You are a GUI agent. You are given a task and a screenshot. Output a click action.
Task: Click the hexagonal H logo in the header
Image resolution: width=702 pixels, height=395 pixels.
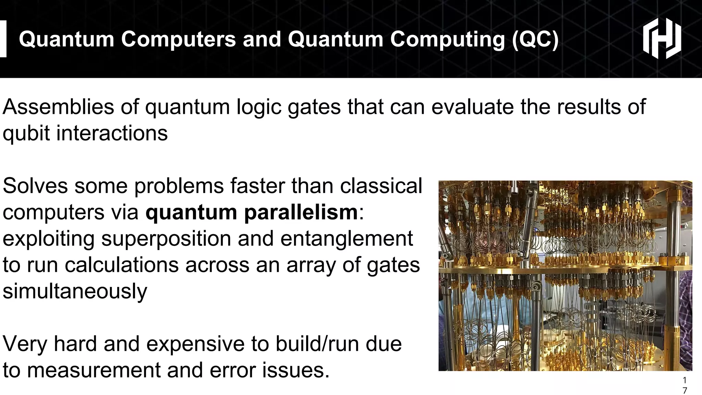tap(662, 38)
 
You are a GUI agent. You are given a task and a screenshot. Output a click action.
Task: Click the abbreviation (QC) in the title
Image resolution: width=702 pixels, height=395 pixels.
tap(535, 39)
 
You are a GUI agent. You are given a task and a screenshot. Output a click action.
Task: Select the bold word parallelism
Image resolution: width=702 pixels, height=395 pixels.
tap(301, 212)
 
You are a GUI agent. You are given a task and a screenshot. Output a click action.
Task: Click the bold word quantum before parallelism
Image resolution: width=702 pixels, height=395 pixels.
tap(191, 213)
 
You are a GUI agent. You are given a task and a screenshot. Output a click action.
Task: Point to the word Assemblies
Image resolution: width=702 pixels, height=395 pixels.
tap(58, 107)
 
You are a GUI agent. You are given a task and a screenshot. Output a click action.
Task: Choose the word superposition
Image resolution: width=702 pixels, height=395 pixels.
tap(166, 239)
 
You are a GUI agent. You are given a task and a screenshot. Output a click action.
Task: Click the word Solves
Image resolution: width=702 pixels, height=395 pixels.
tap(35, 186)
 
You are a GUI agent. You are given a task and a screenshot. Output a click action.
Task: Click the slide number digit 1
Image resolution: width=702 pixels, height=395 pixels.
tap(685, 380)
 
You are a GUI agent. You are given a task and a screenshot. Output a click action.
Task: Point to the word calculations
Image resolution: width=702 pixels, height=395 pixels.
tap(122, 265)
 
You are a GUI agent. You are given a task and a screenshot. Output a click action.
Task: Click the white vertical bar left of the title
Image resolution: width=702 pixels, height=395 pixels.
tap(3, 38)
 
